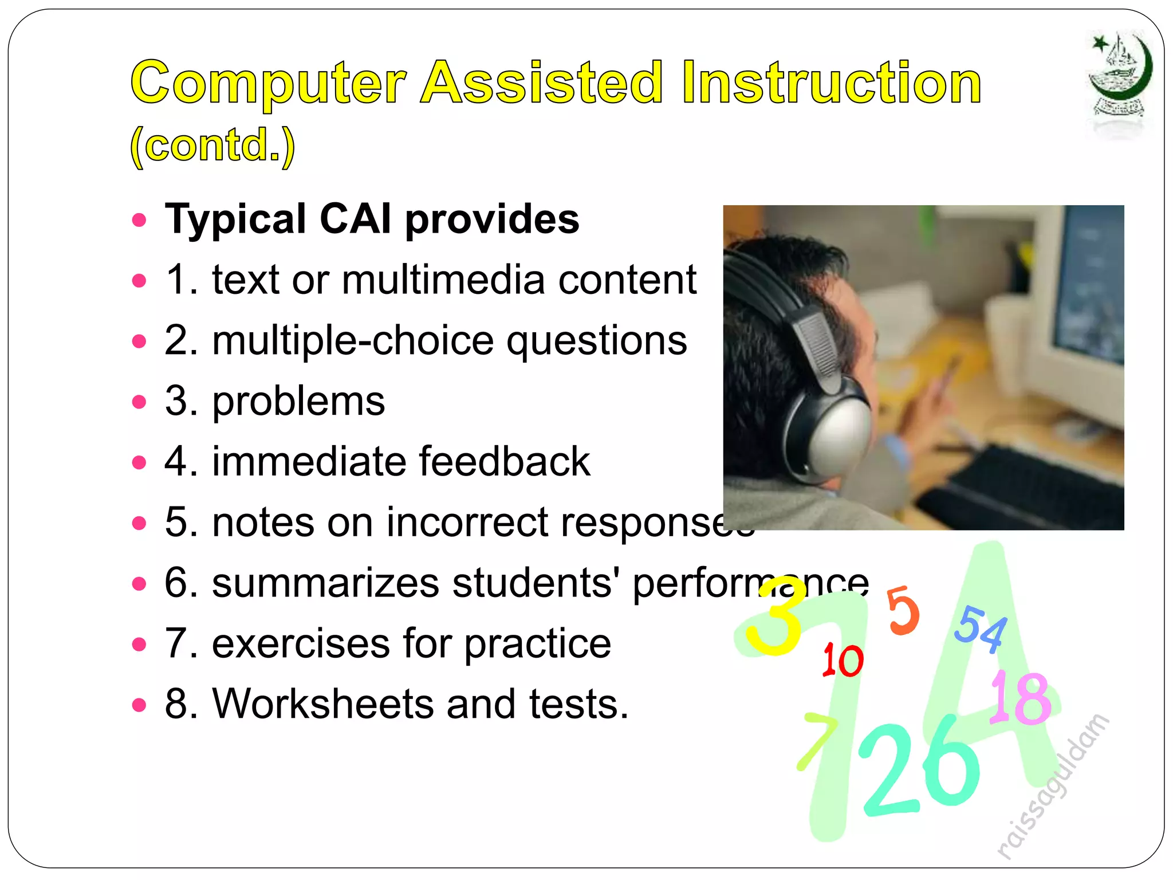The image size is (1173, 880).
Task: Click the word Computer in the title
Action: click(x=268, y=84)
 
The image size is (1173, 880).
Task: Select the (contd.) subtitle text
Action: click(x=212, y=146)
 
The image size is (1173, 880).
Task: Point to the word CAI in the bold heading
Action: click(x=355, y=219)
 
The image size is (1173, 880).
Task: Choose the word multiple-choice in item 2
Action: click(x=352, y=341)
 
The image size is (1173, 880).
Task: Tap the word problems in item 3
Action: click(x=298, y=402)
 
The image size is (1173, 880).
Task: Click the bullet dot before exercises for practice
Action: click(x=139, y=645)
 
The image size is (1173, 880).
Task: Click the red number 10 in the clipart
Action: click(x=842, y=660)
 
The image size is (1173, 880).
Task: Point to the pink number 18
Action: click(x=1021, y=698)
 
